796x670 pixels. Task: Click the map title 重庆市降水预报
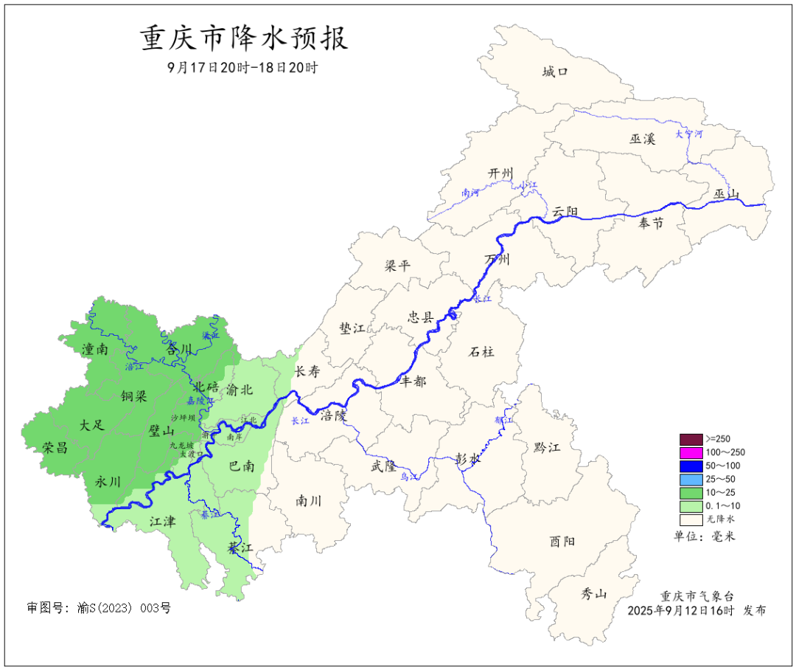pos(244,38)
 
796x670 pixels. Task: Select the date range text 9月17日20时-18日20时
pos(242,68)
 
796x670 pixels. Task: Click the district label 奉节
pos(651,223)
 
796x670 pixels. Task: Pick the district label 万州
pos(497,260)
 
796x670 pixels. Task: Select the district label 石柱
pos(481,352)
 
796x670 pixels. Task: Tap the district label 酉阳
pos(562,541)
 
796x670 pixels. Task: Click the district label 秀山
pos(593,593)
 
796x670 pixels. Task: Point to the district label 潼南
pos(95,350)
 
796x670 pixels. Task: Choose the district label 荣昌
pos(55,447)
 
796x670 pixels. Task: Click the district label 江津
pos(163,522)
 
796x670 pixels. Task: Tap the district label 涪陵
pos(333,415)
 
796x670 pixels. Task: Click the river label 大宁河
pos(689,134)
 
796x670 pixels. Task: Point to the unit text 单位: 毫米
pos(705,536)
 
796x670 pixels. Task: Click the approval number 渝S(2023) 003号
pos(98,608)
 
